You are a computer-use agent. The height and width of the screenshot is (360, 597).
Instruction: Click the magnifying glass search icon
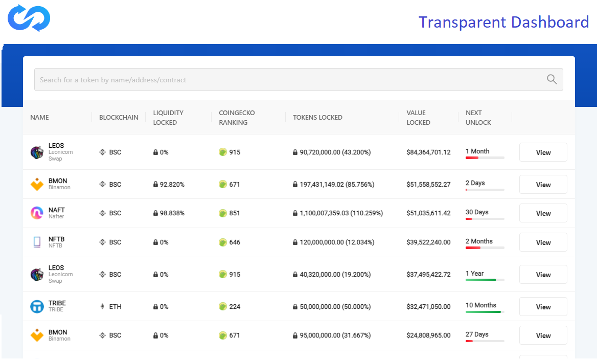click(x=552, y=79)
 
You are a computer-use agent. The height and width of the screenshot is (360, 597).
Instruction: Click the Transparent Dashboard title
click(x=503, y=22)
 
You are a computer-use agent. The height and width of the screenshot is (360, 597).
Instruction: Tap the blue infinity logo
click(x=29, y=18)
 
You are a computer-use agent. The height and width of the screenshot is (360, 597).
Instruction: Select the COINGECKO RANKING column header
click(x=237, y=118)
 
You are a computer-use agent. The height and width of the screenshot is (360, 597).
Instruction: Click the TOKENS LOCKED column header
click(x=317, y=118)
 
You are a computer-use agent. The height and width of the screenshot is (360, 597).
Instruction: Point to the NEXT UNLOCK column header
click(x=478, y=118)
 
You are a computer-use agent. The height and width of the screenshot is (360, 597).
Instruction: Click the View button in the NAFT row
click(x=543, y=213)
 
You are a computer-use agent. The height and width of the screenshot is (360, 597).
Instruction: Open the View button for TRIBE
click(x=543, y=307)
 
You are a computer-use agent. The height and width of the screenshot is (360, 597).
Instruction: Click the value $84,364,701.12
click(x=428, y=152)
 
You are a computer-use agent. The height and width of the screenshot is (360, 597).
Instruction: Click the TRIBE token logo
click(x=37, y=307)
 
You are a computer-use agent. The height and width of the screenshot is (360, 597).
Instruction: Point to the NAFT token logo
click(x=37, y=213)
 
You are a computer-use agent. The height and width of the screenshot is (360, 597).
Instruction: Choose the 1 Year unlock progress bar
click(x=485, y=280)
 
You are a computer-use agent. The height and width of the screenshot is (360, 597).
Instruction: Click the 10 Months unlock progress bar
click(x=485, y=311)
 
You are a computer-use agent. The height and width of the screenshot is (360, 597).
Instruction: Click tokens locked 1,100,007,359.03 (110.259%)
click(x=338, y=213)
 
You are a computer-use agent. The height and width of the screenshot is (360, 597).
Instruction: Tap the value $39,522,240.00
click(x=428, y=242)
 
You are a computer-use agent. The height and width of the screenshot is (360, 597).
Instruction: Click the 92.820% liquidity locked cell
click(x=169, y=185)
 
